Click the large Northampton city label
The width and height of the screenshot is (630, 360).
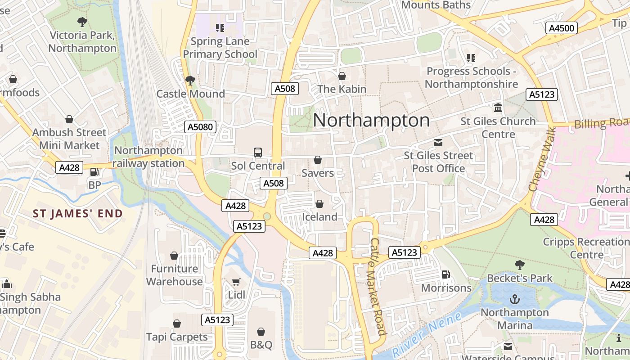point(371,120)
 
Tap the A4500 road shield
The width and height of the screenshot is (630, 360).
point(562,28)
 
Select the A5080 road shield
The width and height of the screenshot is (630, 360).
point(200,127)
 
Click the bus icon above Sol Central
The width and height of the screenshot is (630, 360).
point(258,153)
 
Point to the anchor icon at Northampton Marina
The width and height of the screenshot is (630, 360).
point(514,299)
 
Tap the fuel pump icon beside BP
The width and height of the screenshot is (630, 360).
point(94,172)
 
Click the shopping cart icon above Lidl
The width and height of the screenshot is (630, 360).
point(236,282)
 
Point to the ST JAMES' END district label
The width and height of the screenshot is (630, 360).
point(77,214)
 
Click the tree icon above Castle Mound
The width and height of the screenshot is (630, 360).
point(190,81)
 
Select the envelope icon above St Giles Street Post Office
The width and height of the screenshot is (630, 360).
point(438,143)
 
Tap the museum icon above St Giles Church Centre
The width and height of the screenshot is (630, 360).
point(498,108)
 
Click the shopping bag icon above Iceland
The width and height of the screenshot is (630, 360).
point(319,204)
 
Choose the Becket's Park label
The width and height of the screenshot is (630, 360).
point(520,278)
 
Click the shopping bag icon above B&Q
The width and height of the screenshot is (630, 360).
point(261,332)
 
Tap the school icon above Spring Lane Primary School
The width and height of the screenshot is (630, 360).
point(220,28)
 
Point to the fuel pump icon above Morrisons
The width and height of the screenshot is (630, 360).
point(446,274)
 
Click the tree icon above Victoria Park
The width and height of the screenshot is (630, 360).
point(82,21)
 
